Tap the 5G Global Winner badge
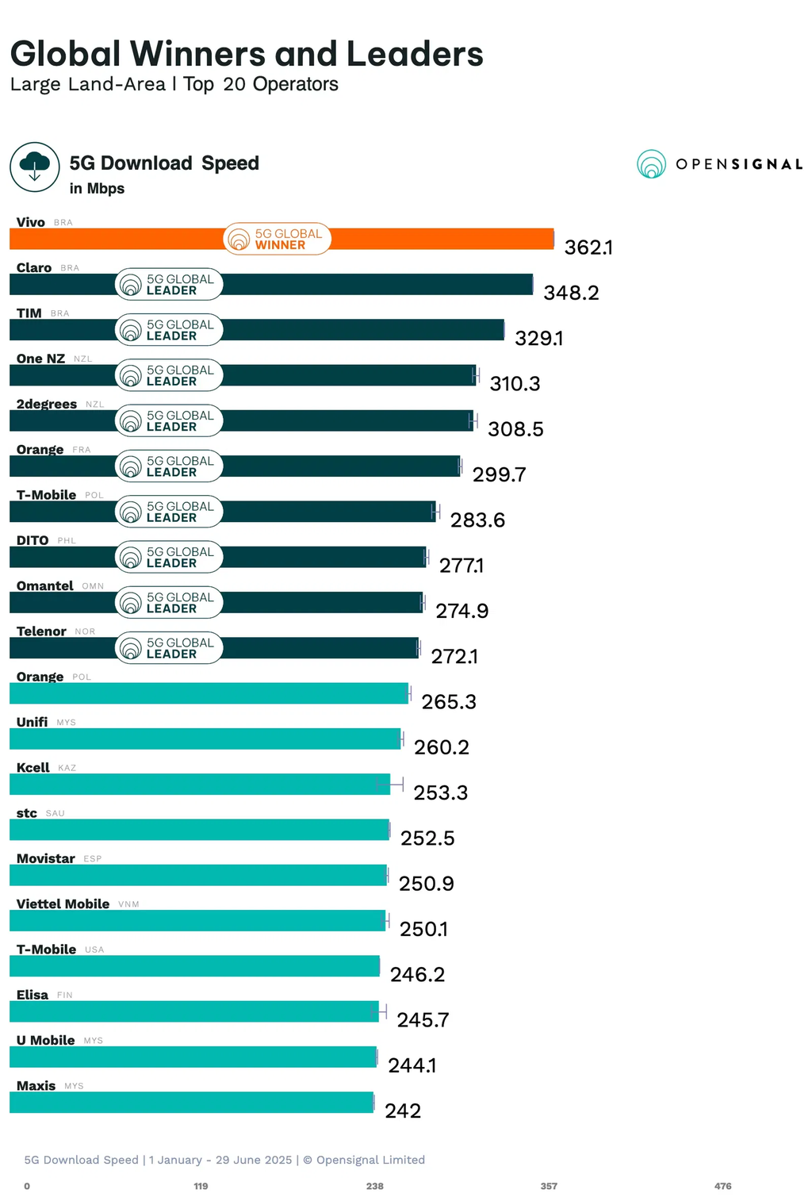pyautogui.click(x=277, y=239)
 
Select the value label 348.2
pyautogui.click(x=571, y=293)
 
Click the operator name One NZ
pyautogui.click(x=40, y=359)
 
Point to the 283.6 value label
pyautogui.click(x=477, y=520)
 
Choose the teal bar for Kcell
pyautogui.click(x=198, y=784)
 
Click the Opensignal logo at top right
pyautogui.click(x=719, y=164)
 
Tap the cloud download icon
pyautogui.click(x=35, y=167)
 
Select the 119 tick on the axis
pyautogui.click(x=201, y=1186)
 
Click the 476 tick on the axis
pyautogui.click(x=722, y=1186)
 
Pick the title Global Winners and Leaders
pyautogui.click(x=247, y=54)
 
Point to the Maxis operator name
pyautogui.click(x=36, y=1085)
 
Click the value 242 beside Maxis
pyautogui.click(x=403, y=1111)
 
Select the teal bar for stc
pyautogui.click(x=198, y=830)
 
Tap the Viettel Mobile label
pyautogui.click(x=63, y=904)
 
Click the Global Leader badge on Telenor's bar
pyautogui.click(x=169, y=648)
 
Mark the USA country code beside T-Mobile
pyautogui.click(x=94, y=950)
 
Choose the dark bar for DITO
pyautogui.click(x=317, y=557)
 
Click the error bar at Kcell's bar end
pyautogui.click(x=390, y=784)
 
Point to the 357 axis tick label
pyautogui.click(x=549, y=1186)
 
